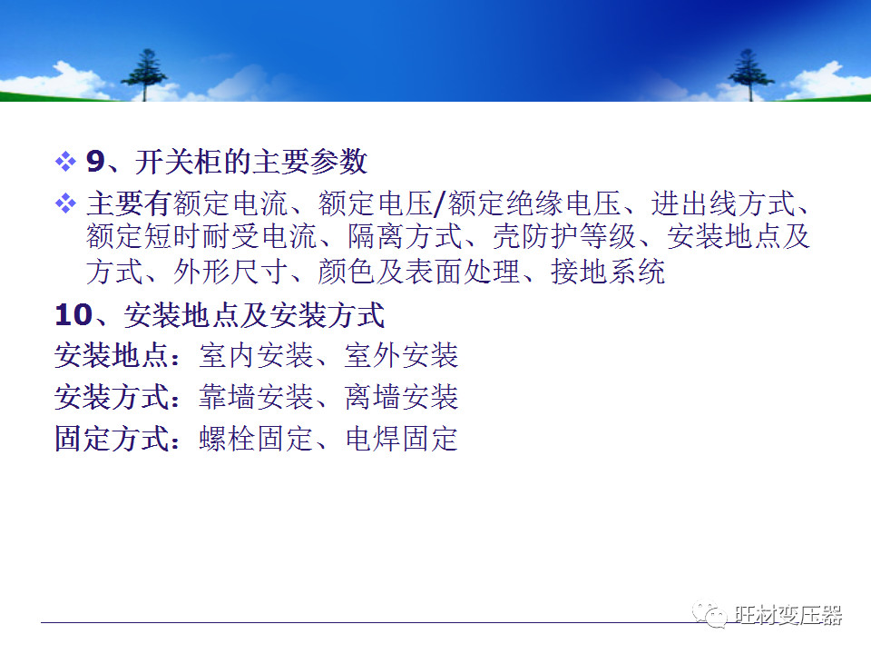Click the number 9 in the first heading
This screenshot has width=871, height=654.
point(95,162)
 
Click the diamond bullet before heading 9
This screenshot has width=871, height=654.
point(65,162)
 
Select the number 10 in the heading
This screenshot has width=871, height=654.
point(73,315)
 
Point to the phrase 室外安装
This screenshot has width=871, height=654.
point(402,355)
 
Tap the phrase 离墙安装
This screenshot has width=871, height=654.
point(402,397)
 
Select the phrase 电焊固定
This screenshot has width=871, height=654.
point(402,439)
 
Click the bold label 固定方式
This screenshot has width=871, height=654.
point(111,439)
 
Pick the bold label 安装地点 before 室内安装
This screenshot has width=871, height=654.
point(111,355)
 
